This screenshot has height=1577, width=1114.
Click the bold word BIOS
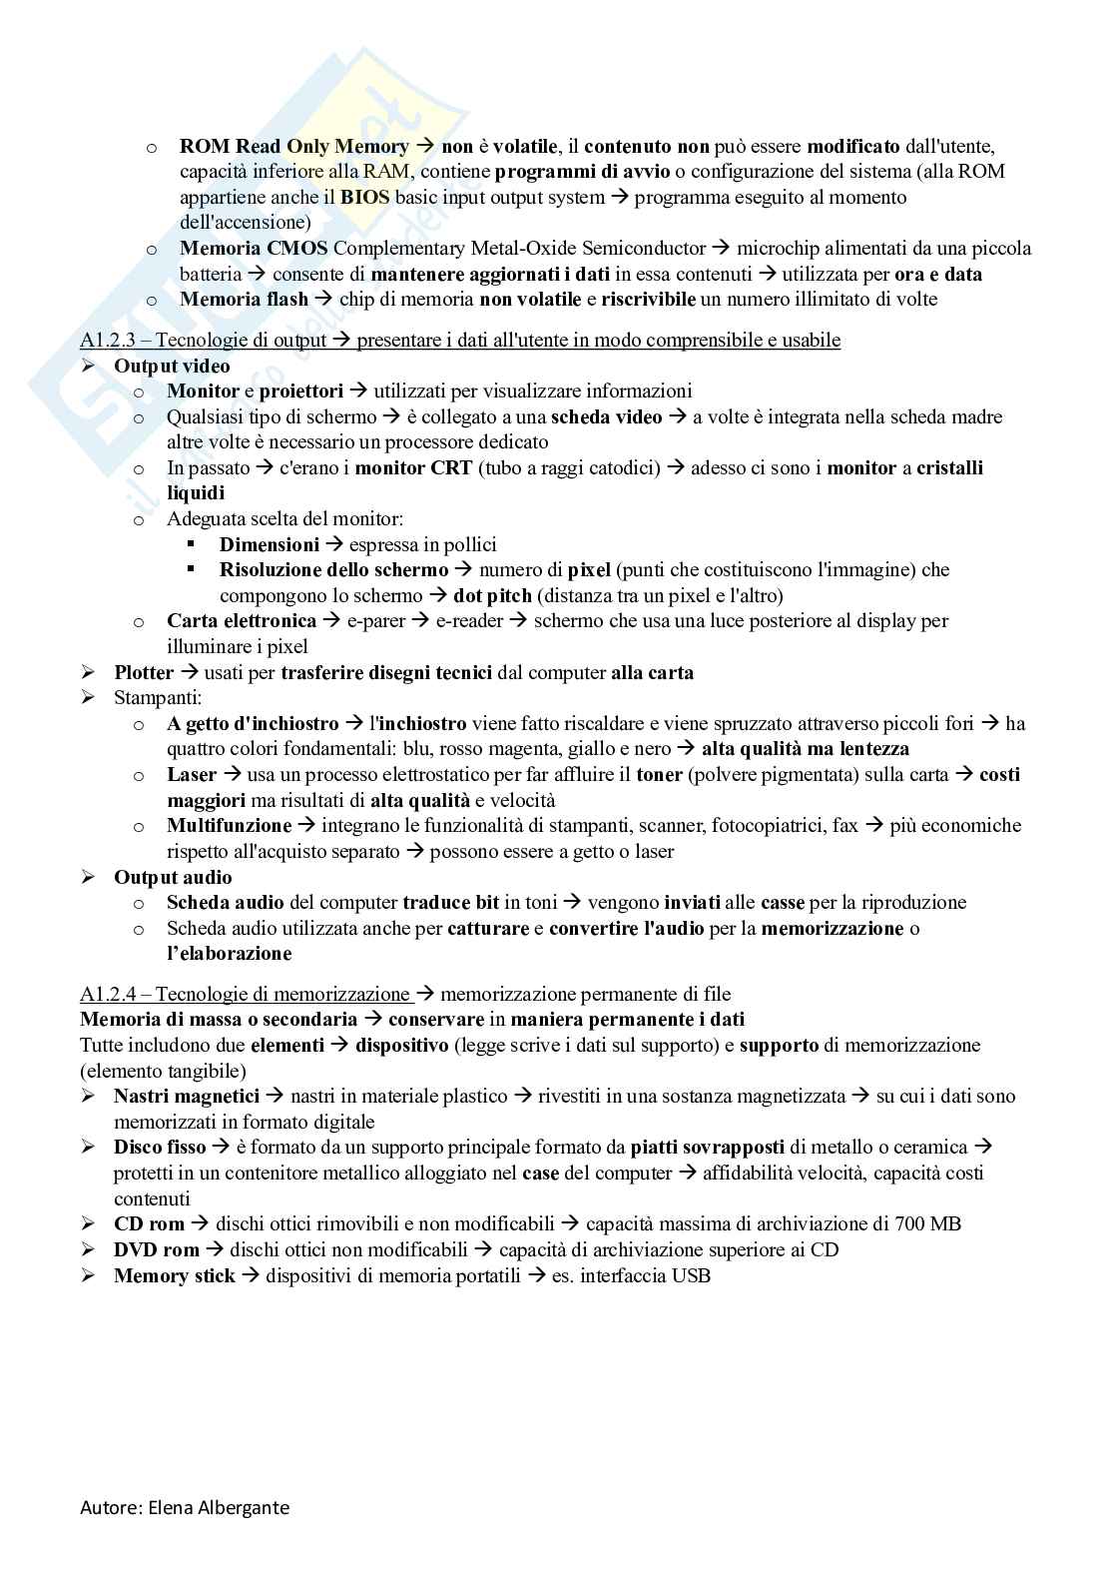pyautogui.click(x=364, y=197)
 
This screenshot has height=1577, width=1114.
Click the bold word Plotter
pyautogui.click(x=144, y=672)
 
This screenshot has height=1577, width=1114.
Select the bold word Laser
pyautogui.click(x=192, y=774)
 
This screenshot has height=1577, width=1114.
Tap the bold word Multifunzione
pyautogui.click(x=229, y=825)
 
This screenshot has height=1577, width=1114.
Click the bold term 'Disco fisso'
pyautogui.click(x=160, y=1147)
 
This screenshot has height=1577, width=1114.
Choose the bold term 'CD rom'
pyautogui.click(x=149, y=1223)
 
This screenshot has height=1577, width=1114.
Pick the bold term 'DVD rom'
pyautogui.click(x=156, y=1249)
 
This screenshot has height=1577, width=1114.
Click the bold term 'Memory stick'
pyautogui.click(x=174, y=1275)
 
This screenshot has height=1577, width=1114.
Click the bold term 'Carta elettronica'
pyautogui.click(x=241, y=621)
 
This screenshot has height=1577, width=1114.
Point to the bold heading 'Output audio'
pyautogui.click(x=173, y=877)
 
